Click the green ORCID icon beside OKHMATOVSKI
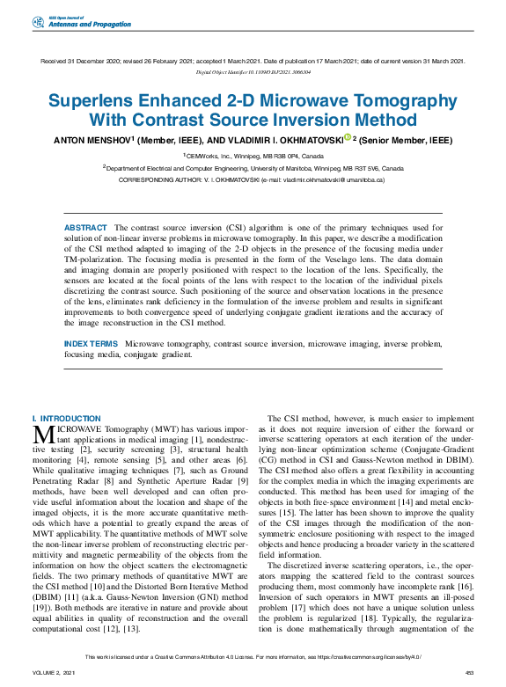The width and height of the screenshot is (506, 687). tap(347, 138)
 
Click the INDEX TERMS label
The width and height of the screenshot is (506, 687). tap(91, 343)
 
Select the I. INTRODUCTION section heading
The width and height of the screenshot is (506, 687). tap(66, 419)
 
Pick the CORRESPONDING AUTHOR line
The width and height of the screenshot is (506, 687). tap(252, 179)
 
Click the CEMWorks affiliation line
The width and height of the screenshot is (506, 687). tap(252, 156)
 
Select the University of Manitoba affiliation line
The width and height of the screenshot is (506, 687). tap(253, 167)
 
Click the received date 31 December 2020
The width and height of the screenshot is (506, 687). tap(92, 61)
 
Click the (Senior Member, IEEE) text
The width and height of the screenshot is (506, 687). tap(405, 140)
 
